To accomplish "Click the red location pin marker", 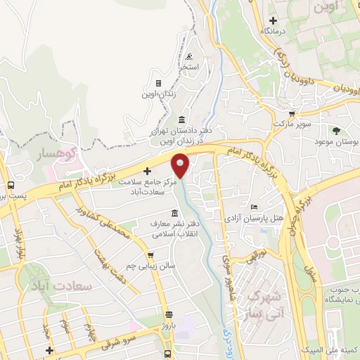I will pyautogui.click(x=181, y=166).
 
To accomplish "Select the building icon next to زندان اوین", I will pyautogui.click(x=157, y=83).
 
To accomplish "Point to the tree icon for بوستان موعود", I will pyautogui.click(x=337, y=130).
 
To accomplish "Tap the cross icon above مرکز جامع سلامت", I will pyautogui.click(x=147, y=170).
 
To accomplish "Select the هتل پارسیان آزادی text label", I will pyautogui.click(x=257, y=218).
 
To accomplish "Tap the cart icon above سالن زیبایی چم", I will pyautogui.click(x=150, y=255).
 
